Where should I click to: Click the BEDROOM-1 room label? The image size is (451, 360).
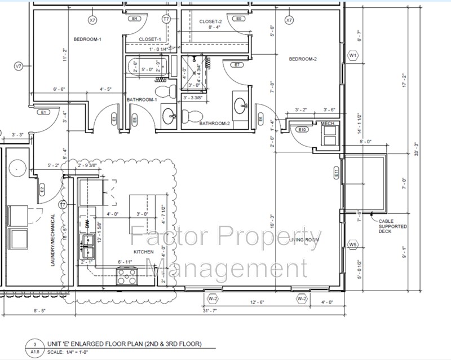coord(87,39)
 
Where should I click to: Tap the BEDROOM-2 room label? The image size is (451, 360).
coord(303,59)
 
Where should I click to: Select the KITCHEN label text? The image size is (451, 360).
coord(143,251)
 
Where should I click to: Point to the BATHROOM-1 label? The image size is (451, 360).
coord(141,100)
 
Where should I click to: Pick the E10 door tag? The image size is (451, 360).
coord(302,130)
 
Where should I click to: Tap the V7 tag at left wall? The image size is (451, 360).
coord(18,67)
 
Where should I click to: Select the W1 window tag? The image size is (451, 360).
coord(353,56)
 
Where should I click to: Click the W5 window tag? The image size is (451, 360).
coord(353,244)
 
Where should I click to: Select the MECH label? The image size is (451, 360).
coord(328,122)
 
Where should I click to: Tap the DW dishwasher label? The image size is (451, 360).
coord(87,224)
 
